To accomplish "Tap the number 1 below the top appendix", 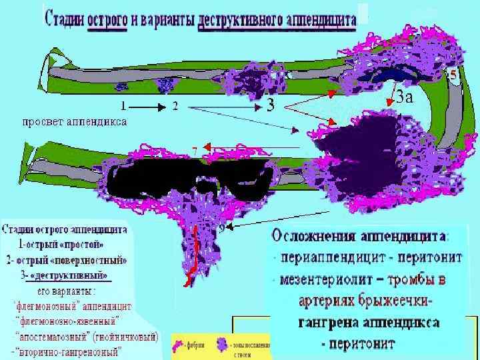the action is [x=123, y=106].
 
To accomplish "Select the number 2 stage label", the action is [x=175, y=106].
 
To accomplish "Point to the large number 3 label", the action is [x=271, y=105].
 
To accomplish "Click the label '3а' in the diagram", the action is [x=404, y=98].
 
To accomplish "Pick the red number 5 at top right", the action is [x=453, y=75].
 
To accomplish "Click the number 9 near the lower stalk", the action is [x=222, y=229].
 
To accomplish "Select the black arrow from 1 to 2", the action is [x=148, y=106].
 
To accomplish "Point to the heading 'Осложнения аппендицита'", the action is [x=360, y=237].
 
